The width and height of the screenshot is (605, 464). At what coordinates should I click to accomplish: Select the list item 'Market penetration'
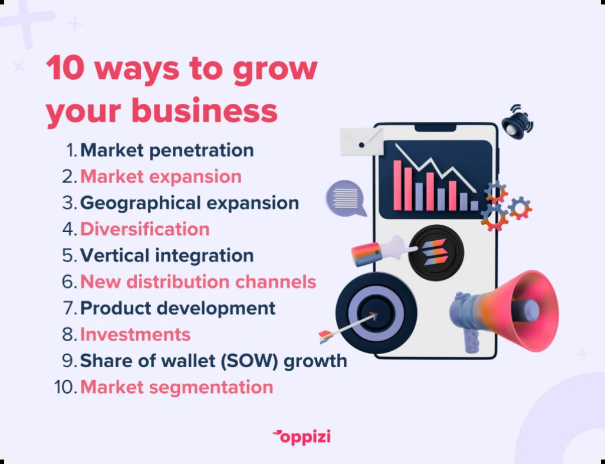167,151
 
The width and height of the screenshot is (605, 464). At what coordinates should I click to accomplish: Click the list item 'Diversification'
144,229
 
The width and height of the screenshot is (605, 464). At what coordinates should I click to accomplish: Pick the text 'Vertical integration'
167,256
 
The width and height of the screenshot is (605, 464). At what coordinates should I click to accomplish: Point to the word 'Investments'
135,335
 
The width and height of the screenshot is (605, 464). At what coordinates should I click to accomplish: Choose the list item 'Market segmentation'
176,387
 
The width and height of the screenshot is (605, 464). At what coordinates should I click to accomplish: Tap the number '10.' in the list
66,387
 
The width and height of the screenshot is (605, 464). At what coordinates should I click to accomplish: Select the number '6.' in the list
70,282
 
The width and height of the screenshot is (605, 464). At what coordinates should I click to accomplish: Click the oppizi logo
301,437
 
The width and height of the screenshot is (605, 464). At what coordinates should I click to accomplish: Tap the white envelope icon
361,142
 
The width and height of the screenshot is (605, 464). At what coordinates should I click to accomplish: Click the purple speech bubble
346,198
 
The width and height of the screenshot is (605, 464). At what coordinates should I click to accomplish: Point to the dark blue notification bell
517,121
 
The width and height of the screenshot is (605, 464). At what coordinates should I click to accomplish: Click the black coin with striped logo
436,253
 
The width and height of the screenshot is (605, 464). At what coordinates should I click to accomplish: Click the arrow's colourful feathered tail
326,336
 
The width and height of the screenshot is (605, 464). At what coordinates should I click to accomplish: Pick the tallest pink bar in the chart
397,185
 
